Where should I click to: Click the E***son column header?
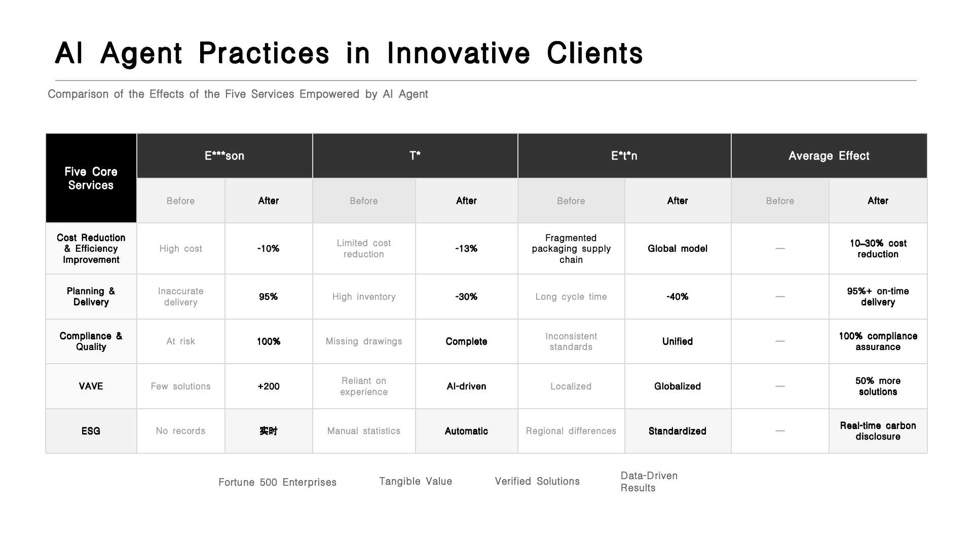coord(224,156)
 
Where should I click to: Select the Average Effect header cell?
coord(829,156)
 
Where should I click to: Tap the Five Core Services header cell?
coord(91,178)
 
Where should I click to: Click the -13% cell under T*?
coord(466,249)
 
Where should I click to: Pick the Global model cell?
coord(678,249)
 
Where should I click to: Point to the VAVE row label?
coord(91,386)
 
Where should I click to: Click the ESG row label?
coord(91,431)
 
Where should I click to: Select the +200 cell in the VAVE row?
coord(269,386)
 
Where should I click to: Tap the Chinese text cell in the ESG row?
coord(269,431)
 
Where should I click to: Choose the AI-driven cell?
coord(466,386)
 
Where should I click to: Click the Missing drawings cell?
coord(364,341)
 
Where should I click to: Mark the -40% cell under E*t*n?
coord(678,297)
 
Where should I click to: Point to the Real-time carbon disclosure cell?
coord(878,431)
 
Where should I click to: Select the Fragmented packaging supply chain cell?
coord(571,249)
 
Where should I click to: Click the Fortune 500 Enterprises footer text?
coord(277,482)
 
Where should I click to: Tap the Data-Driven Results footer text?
coord(649,482)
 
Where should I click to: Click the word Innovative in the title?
coord(459,53)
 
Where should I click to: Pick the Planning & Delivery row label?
coord(91,297)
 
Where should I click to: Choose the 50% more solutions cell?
coord(878,386)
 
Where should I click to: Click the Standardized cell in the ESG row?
coord(678,431)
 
